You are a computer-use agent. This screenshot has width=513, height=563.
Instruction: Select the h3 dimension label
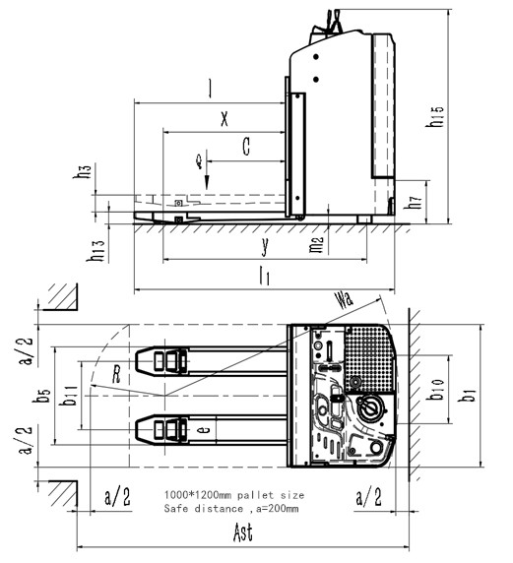click(85, 172)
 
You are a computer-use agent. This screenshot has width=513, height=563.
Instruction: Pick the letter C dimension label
click(246, 148)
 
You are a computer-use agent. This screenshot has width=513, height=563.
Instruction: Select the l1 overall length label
click(263, 278)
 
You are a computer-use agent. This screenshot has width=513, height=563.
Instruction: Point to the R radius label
click(116, 375)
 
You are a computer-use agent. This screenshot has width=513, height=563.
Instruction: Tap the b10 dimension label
click(436, 398)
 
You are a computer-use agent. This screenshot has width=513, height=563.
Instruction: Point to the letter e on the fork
click(204, 430)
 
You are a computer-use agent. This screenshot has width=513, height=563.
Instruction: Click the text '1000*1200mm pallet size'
click(233, 493)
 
